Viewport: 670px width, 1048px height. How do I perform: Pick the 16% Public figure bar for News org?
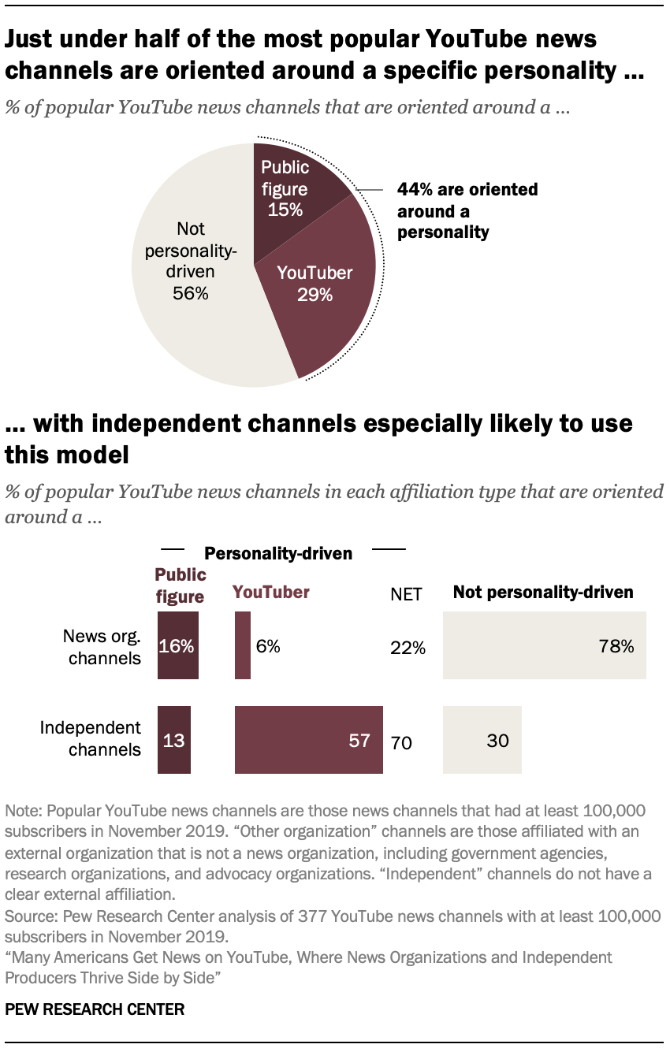tap(177, 645)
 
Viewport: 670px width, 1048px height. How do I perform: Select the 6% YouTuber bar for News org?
tap(243, 645)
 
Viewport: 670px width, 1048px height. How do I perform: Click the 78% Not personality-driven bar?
tap(544, 645)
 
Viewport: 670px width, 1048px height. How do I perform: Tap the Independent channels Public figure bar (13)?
tap(174, 740)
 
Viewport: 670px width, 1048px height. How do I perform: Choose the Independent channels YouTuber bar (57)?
tap(308, 740)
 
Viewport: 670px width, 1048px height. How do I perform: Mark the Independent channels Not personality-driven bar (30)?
tap(482, 740)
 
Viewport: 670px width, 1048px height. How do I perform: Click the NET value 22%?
tap(408, 648)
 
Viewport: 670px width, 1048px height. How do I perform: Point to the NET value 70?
tap(401, 742)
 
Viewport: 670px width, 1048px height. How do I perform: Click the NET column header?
tap(407, 593)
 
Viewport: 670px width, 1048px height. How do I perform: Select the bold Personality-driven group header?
tap(278, 553)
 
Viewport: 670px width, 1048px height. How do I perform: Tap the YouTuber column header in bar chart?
tap(270, 593)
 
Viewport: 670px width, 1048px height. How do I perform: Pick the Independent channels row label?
tap(91, 738)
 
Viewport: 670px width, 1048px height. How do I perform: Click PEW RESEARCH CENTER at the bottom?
tap(95, 1009)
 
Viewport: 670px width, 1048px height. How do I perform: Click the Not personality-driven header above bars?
tap(543, 592)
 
